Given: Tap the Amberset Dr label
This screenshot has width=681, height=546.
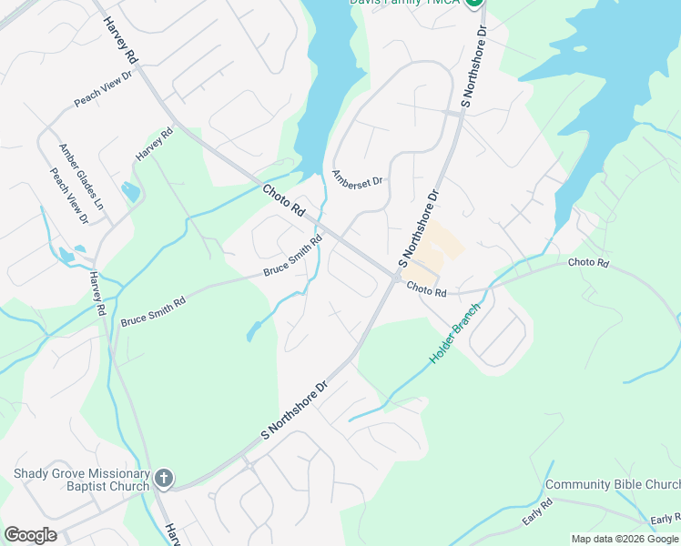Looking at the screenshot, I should [x=358, y=177].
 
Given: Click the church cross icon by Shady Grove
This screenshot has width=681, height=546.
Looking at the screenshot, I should [x=164, y=478].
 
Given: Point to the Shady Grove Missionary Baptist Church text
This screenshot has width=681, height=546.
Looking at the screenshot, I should [x=81, y=480].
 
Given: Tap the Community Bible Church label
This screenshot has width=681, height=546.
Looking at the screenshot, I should [x=612, y=485].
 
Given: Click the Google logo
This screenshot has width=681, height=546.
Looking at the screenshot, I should [x=30, y=535].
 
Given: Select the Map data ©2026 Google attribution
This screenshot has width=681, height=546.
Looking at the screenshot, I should [x=625, y=539].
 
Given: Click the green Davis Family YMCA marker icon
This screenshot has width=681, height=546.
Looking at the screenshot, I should [x=473, y=3].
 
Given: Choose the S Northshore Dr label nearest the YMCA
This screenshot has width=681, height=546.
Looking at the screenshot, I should [x=474, y=68].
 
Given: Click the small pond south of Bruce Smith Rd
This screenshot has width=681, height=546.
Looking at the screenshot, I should [x=251, y=333].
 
